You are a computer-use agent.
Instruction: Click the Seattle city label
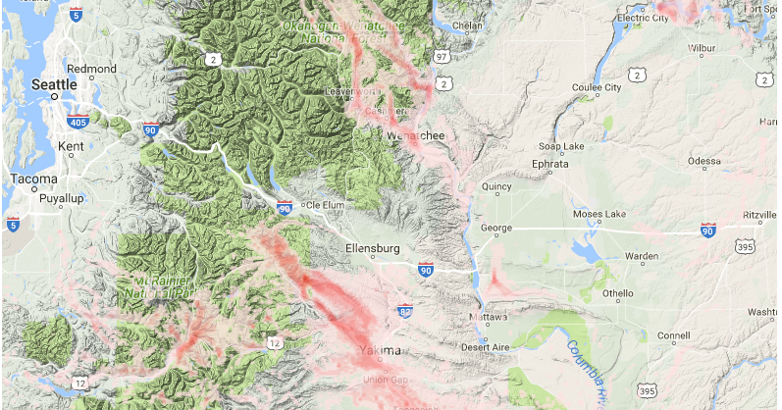tap(54, 85)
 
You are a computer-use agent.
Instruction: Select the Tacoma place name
tap(32, 179)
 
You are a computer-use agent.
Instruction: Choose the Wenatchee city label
tap(416, 134)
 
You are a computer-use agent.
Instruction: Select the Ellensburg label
tap(374, 249)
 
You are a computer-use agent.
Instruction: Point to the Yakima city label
tap(379, 350)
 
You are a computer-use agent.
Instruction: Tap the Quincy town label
tap(497, 186)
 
